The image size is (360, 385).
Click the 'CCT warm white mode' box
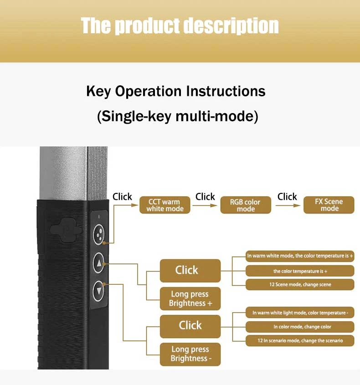point(165,205)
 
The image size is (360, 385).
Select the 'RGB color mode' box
point(246,205)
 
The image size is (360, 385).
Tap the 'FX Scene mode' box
point(329,205)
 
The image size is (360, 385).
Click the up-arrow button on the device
point(99,263)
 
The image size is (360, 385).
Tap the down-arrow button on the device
point(99,289)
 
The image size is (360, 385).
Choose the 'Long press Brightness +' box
point(190,299)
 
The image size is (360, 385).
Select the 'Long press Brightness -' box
point(190,354)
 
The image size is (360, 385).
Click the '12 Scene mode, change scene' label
point(300,285)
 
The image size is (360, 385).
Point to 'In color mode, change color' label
point(300,327)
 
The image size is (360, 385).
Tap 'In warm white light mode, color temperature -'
point(300,313)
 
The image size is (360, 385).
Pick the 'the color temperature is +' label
point(300,271)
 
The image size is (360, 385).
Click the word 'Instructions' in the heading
point(226,91)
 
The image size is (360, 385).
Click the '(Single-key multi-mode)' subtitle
point(178,116)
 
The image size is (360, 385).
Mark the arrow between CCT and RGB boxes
point(205,206)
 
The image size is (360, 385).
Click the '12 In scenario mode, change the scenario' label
point(300,340)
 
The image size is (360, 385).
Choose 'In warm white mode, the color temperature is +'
point(300,256)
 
